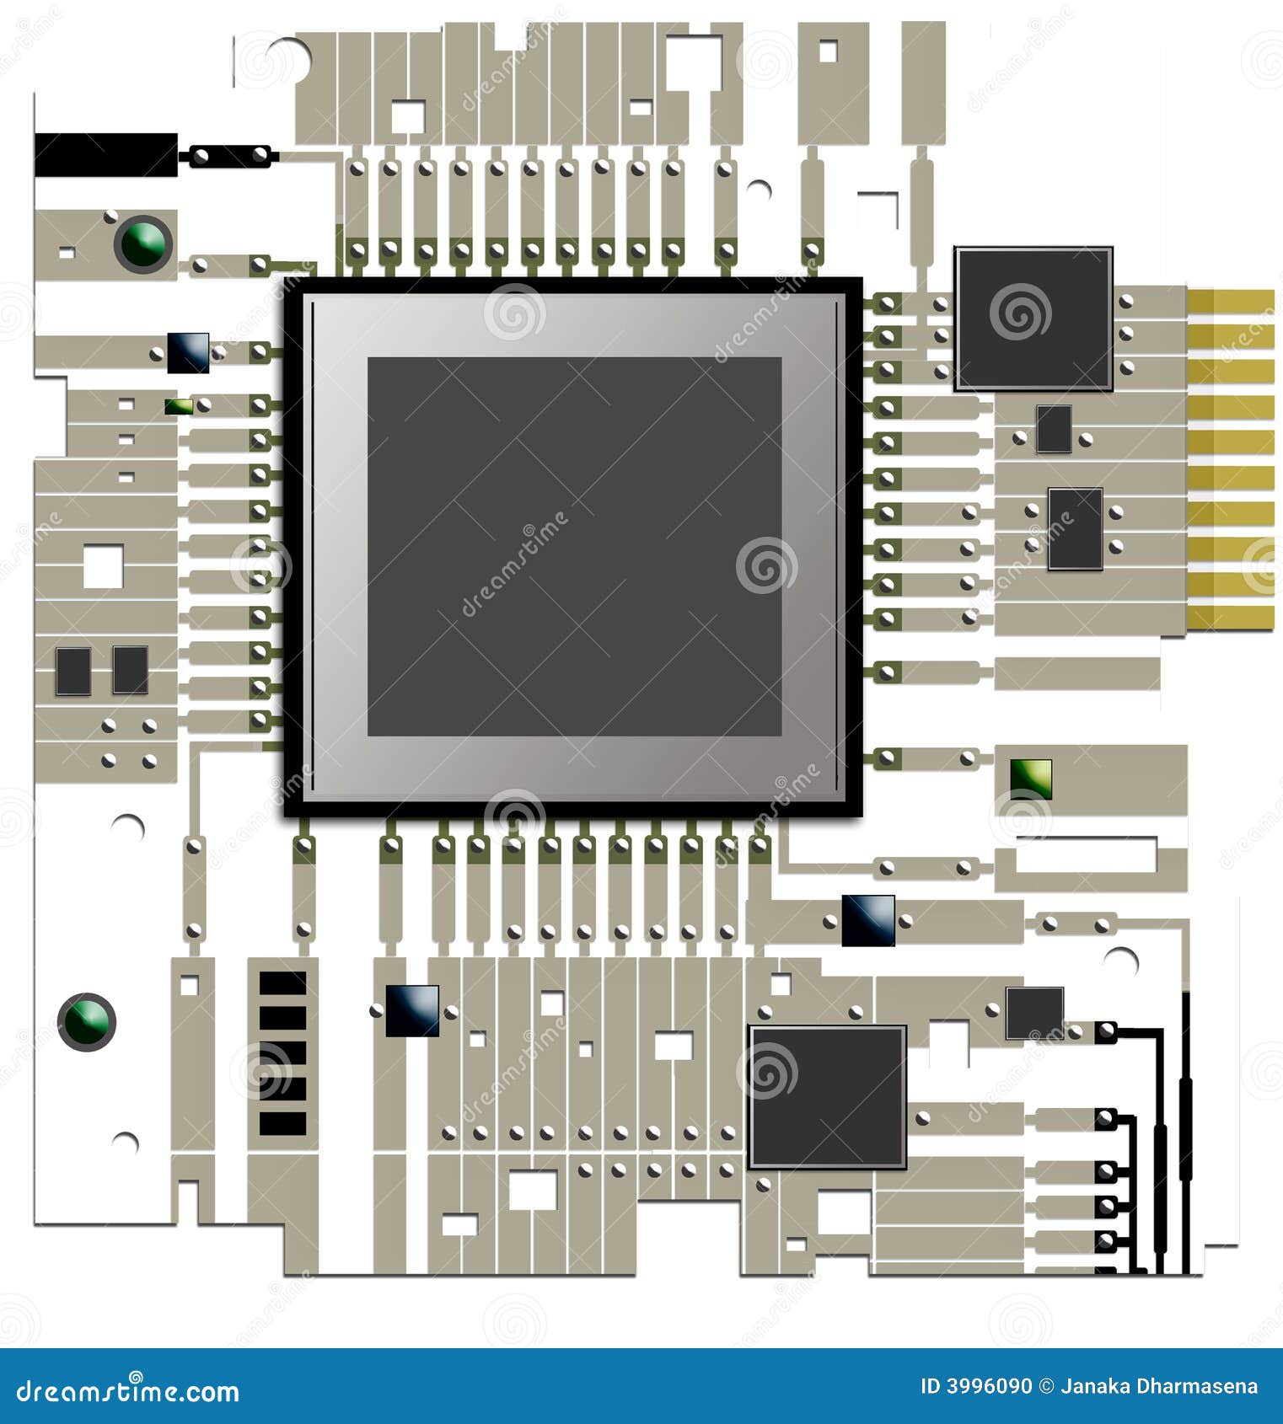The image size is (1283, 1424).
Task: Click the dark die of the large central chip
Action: point(574,546)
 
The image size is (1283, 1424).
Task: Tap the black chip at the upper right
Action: point(1033,319)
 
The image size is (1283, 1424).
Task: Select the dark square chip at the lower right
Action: point(827,1096)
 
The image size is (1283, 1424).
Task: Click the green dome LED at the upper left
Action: point(143,243)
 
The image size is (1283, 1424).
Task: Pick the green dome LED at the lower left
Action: point(86,1021)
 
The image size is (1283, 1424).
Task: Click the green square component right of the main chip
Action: point(1031,779)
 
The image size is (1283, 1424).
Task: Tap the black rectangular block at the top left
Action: point(106,155)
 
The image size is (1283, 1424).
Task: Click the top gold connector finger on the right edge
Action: point(1231,301)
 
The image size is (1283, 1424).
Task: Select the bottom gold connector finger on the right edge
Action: point(1231,617)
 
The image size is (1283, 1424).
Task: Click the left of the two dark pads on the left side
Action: point(73,671)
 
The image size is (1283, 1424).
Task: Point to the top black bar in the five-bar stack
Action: point(282,983)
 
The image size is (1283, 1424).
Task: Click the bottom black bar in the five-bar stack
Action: point(282,1124)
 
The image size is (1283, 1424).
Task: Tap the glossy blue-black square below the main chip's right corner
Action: point(868,920)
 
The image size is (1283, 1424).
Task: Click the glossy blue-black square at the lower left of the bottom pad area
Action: point(412,1010)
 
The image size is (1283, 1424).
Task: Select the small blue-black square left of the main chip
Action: point(188,353)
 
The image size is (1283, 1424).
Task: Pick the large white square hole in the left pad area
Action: point(103,565)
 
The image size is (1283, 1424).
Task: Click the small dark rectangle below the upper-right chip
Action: point(1054,428)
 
